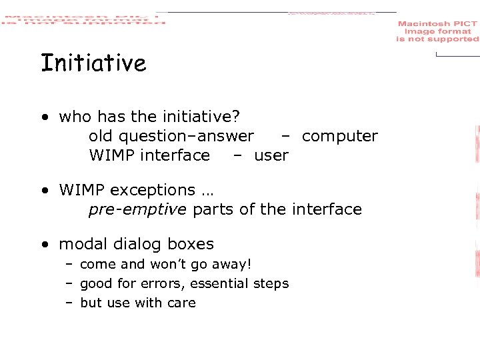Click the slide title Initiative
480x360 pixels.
(93, 63)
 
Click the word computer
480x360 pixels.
(339, 136)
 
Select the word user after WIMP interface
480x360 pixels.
(271, 155)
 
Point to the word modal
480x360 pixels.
(83, 244)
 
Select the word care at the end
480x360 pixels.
(181, 303)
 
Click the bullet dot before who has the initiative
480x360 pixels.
(43, 117)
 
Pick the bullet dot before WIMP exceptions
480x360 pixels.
(43, 191)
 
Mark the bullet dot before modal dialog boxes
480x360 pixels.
(43, 245)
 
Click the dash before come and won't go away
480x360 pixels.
(69, 264)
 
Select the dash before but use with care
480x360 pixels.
(69, 303)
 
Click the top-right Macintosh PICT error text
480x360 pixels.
(437, 31)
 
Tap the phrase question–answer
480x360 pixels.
(186, 136)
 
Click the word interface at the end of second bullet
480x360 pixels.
(329, 209)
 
